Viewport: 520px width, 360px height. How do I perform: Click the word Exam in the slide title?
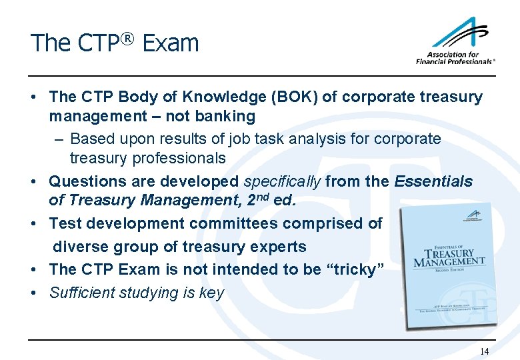coord(171,43)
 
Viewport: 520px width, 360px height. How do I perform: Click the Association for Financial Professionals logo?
coord(455,42)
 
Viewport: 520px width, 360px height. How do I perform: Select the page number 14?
coord(484,351)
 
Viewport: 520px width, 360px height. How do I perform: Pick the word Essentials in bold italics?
coord(433,181)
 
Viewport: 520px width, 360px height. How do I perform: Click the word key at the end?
coord(211,293)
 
